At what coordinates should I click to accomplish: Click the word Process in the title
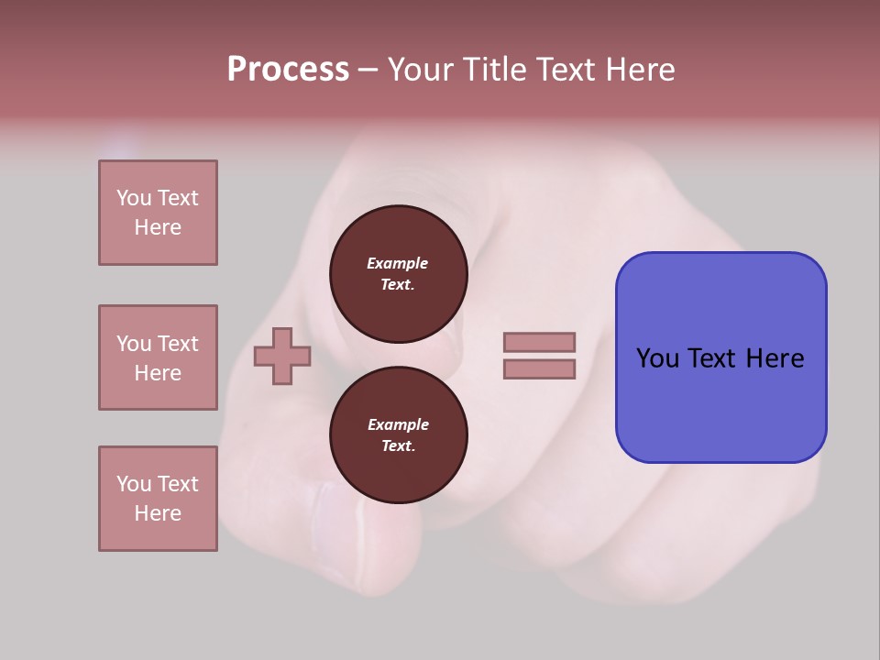(x=288, y=70)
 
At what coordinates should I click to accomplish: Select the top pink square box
(x=158, y=213)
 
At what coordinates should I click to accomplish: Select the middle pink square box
(x=158, y=357)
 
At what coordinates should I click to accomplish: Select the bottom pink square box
(x=158, y=499)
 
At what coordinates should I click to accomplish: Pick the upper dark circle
(x=399, y=274)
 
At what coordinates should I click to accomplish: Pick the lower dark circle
(x=399, y=435)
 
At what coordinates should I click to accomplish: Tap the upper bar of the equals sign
(x=539, y=342)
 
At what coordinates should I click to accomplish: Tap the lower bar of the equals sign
(x=539, y=369)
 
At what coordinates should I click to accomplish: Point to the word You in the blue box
(x=657, y=358)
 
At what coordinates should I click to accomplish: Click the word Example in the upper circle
(x=397, y=263)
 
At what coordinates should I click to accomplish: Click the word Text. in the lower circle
(x=398, y=446)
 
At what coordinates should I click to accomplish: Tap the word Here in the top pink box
(x=158, y=227)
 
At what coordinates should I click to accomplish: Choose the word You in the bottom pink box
(x=134, y=484)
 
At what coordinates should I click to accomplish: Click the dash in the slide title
(x=368, y=70)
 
